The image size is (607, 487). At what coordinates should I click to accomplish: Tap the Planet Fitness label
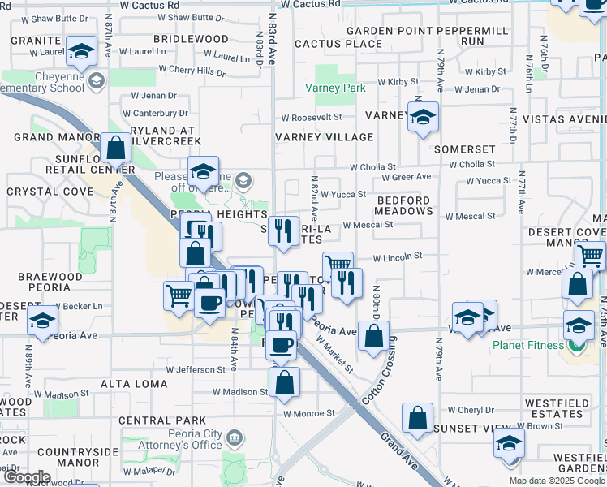pyautogui.click(x=527, y=345)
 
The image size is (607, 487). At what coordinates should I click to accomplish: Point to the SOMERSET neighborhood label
pyautogui.click(x=464, y=150)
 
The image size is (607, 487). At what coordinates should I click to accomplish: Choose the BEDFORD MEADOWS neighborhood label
pyautogui.click(x=403, y=205)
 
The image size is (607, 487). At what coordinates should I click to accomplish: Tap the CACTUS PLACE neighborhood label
pyautogui.click(x=338, y=43)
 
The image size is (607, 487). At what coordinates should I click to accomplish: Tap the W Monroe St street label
pyautogui.click(x=309, y=413)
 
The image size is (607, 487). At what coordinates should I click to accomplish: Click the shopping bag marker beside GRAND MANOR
pyautogui.click(x=116, y=149)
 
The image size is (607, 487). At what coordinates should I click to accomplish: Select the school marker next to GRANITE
pyautogui.click(x=80, y=53)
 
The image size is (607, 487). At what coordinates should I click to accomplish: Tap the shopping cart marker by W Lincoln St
pyautogui.click(x=338, y=264)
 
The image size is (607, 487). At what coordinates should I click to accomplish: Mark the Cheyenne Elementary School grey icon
pyautogui.click(x=97, y=80)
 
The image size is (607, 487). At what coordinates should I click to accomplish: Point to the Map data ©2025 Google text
pyautogui.click(x=556, y=481)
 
